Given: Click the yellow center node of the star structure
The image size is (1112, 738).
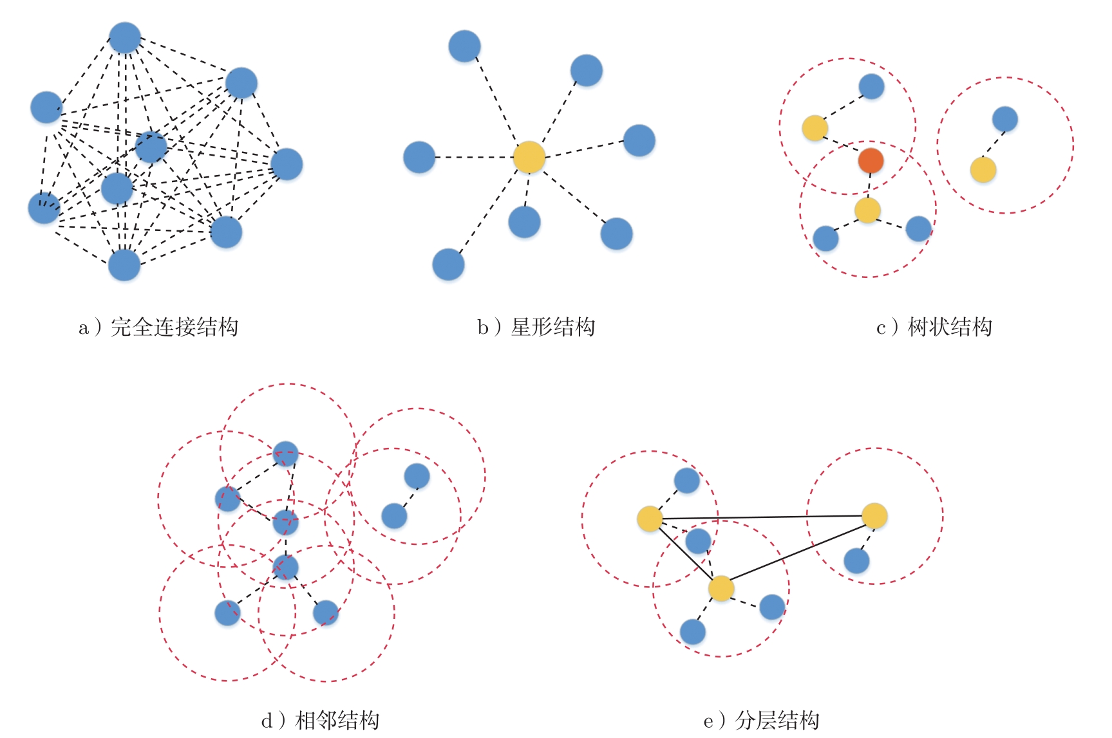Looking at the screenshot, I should coord(529,157).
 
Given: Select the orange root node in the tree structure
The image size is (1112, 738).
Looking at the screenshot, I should coord(871,161).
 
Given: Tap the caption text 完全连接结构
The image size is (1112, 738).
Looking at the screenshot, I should coord(174,327).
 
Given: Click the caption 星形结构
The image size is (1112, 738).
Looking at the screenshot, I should coord(552,327).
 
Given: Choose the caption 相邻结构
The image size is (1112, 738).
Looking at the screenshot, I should coord(337,720).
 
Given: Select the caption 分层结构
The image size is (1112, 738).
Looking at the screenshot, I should coord(777,720).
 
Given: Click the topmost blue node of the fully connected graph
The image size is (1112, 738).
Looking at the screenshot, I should coord(125,38).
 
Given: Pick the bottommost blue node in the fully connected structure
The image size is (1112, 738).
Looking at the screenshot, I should coord(124,265).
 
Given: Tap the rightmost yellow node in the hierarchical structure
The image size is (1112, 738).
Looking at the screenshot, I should coord(874,516).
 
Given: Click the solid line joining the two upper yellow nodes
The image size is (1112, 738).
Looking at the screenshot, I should coord(762,517).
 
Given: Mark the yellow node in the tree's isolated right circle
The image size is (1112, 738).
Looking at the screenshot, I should coord(983,170).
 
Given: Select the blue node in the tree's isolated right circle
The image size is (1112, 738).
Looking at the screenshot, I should coord(1004,119).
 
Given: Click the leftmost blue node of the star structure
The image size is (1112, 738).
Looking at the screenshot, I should coord(419,157).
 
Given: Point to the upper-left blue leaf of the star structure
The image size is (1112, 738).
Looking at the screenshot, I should coord(464,46).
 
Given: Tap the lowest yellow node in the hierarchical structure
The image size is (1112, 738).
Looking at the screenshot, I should coord(721,588).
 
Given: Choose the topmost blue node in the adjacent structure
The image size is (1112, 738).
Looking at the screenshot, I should coord(285,454).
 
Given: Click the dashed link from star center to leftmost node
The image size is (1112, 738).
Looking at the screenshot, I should coord(474,157).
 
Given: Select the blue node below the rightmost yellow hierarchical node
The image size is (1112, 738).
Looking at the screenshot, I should coord(856,560).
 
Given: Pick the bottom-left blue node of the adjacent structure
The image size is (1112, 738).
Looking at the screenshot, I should coord(227,613).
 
